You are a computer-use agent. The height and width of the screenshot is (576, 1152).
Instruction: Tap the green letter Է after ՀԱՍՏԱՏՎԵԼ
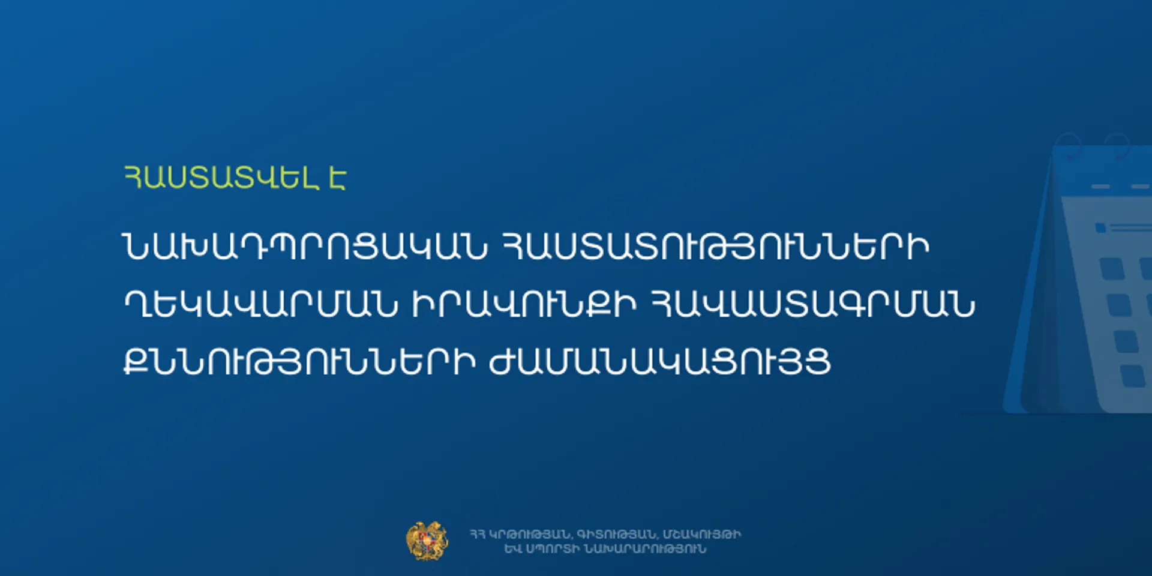pos(337,177)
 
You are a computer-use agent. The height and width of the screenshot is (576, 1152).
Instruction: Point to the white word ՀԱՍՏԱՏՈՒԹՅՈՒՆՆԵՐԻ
pos(715,246)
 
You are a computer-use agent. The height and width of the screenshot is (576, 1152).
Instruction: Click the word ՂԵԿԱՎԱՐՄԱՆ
pos(260,304)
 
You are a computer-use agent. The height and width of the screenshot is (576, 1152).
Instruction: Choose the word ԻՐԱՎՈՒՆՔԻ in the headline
pos(524,304)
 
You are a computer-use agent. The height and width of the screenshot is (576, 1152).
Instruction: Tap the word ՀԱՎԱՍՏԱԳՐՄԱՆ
pos(812,304)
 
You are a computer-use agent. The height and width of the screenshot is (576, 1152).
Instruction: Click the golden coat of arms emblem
pos(427,541)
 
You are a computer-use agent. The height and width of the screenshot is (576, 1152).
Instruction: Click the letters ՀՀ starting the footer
pos(478,534)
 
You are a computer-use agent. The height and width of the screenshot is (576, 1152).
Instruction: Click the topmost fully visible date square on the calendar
pos(1112,268)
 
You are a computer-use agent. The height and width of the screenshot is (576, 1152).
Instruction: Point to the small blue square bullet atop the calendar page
pos(1100,228)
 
